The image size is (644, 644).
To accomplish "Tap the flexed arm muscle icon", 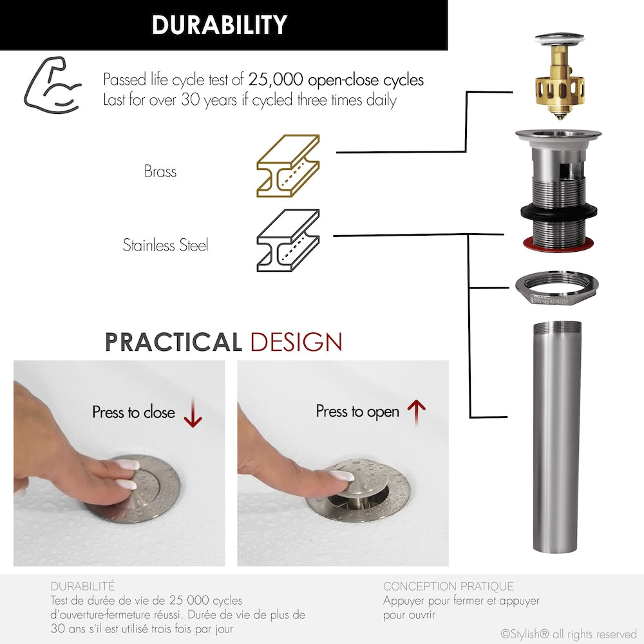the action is pos(53,86).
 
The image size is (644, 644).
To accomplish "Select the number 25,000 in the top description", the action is pos(276,79).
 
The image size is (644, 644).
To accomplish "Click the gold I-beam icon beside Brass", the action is pos(288,166).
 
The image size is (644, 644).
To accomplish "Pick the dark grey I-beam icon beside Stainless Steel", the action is pos(288,240).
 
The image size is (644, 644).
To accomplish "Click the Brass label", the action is pos(160,171).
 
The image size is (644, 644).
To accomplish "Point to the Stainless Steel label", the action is pos(166,245).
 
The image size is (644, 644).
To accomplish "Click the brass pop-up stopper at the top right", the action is pos(560,76).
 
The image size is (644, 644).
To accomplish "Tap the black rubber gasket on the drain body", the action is pos(558,213).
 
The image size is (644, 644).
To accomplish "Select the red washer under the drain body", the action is pos(558,243).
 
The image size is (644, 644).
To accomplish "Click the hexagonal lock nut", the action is pos(557,287).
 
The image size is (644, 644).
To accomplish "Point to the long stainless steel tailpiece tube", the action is pos(557,437).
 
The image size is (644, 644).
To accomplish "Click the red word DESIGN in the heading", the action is pos(296,342).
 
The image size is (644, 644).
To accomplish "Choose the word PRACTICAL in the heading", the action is pos(173,342).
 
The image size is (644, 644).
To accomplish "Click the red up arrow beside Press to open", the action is pos(417,412).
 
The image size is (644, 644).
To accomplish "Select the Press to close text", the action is pos(133,412).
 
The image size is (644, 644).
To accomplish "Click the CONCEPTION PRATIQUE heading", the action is pos(448,586).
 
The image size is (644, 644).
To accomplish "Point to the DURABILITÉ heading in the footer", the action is pos(83,585).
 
